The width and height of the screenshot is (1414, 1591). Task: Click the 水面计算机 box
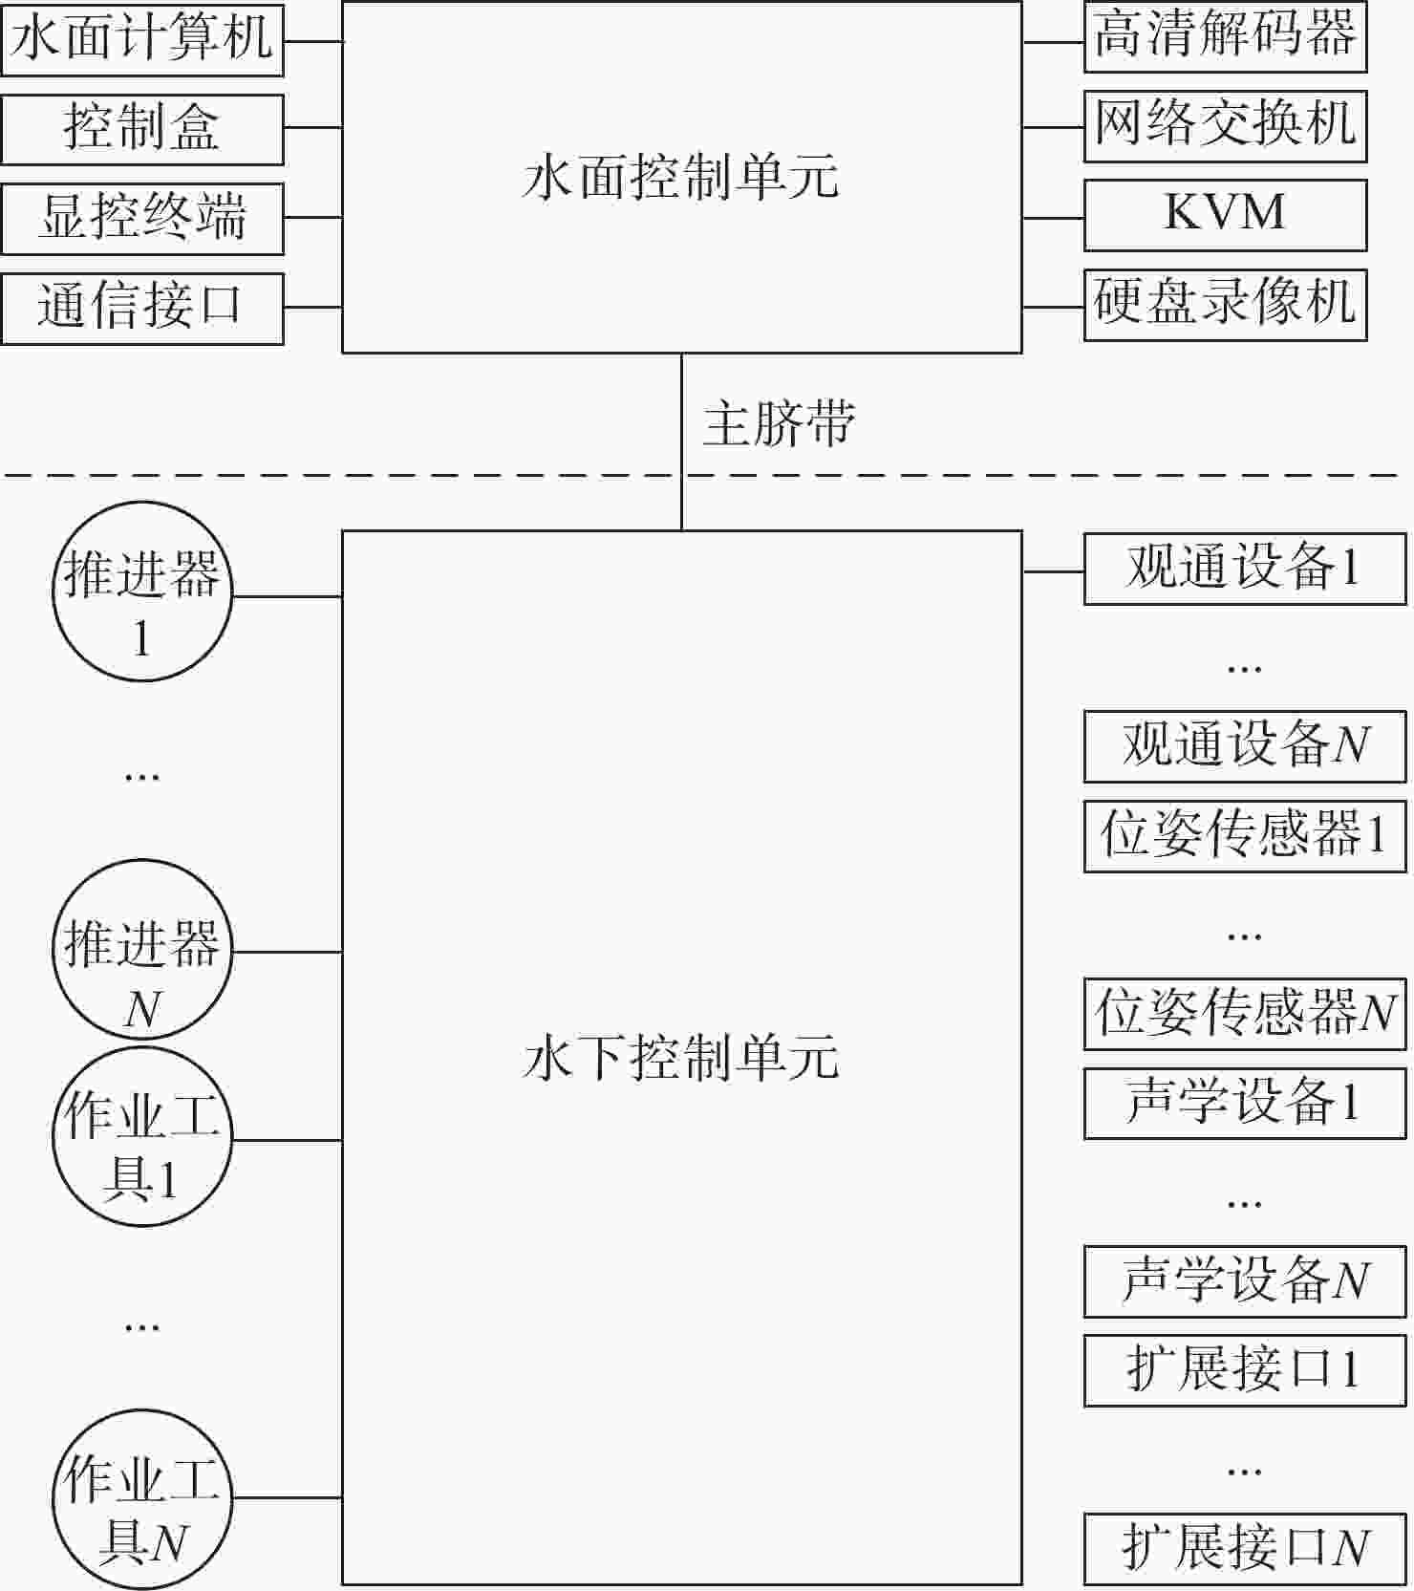[x=142, y=40]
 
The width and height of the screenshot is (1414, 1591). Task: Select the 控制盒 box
[x=142, y=129]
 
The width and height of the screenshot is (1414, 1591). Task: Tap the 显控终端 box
[x=142, y=219]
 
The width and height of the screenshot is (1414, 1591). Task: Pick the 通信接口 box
[x=142, y=308]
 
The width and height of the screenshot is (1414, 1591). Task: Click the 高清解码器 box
[x=1225, y=37]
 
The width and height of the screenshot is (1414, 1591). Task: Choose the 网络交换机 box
[x=1225, y=126]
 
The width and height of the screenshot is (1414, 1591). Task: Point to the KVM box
[x=1225, y=215]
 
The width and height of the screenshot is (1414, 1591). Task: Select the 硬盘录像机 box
[x=1225, y=305]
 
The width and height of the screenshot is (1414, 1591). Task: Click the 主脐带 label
[x=779, y=424]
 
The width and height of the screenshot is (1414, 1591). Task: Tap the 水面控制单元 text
[x=681, y=178]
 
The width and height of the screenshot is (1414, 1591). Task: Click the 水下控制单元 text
[x=681, y=1058]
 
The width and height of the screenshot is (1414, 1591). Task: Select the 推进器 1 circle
[x=142, y=591]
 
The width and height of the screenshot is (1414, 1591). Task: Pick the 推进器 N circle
[x=142, y=949]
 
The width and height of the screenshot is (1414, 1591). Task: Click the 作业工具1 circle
[x=142, y=1137]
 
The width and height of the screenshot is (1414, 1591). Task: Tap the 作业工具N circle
[x=142, y=1498]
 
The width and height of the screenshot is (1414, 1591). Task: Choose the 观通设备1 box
[x=1245, y=570]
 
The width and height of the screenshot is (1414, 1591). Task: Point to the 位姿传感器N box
[x=1245, y=1014]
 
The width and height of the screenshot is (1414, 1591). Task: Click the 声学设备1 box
[x=1245, y=1104]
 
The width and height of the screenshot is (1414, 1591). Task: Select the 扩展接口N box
[x=1245, y=1549]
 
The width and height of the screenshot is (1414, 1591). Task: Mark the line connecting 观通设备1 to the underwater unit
[x=1053, y=571]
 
